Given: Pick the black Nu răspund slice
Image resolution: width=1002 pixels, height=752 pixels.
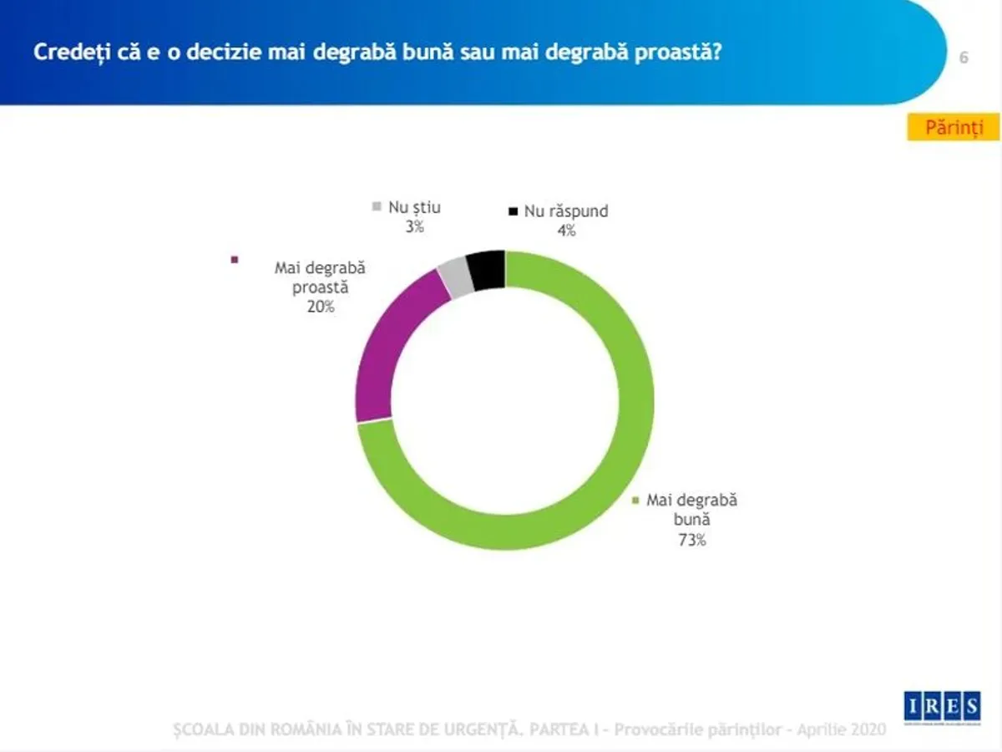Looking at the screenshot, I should (x=487, y=269).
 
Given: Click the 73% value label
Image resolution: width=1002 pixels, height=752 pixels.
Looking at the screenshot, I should (x=692, y=540).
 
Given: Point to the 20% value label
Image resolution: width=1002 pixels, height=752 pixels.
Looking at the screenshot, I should (x=320, y=307).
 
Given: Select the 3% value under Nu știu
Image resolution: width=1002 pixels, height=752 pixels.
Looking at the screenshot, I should (x=415, y=226).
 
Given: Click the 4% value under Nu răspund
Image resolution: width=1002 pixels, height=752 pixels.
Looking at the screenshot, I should (x=567, y=231).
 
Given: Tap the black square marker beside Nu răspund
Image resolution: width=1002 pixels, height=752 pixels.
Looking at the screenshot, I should (x=514, y=211).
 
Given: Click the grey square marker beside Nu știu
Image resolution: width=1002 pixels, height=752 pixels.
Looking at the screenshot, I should (x=377, y=206).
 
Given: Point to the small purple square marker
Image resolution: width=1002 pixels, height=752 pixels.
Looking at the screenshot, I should (x=235, y=260).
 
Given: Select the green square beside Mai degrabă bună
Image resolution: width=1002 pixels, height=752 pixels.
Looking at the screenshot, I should (x=636, y=500).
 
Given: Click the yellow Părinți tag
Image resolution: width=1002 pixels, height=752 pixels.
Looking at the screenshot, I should (x=953, y=128).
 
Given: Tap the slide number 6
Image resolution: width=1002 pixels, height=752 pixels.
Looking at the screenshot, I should (x=964, y=58).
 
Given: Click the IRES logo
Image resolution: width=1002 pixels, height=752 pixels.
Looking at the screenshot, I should (x=943, y=707).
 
